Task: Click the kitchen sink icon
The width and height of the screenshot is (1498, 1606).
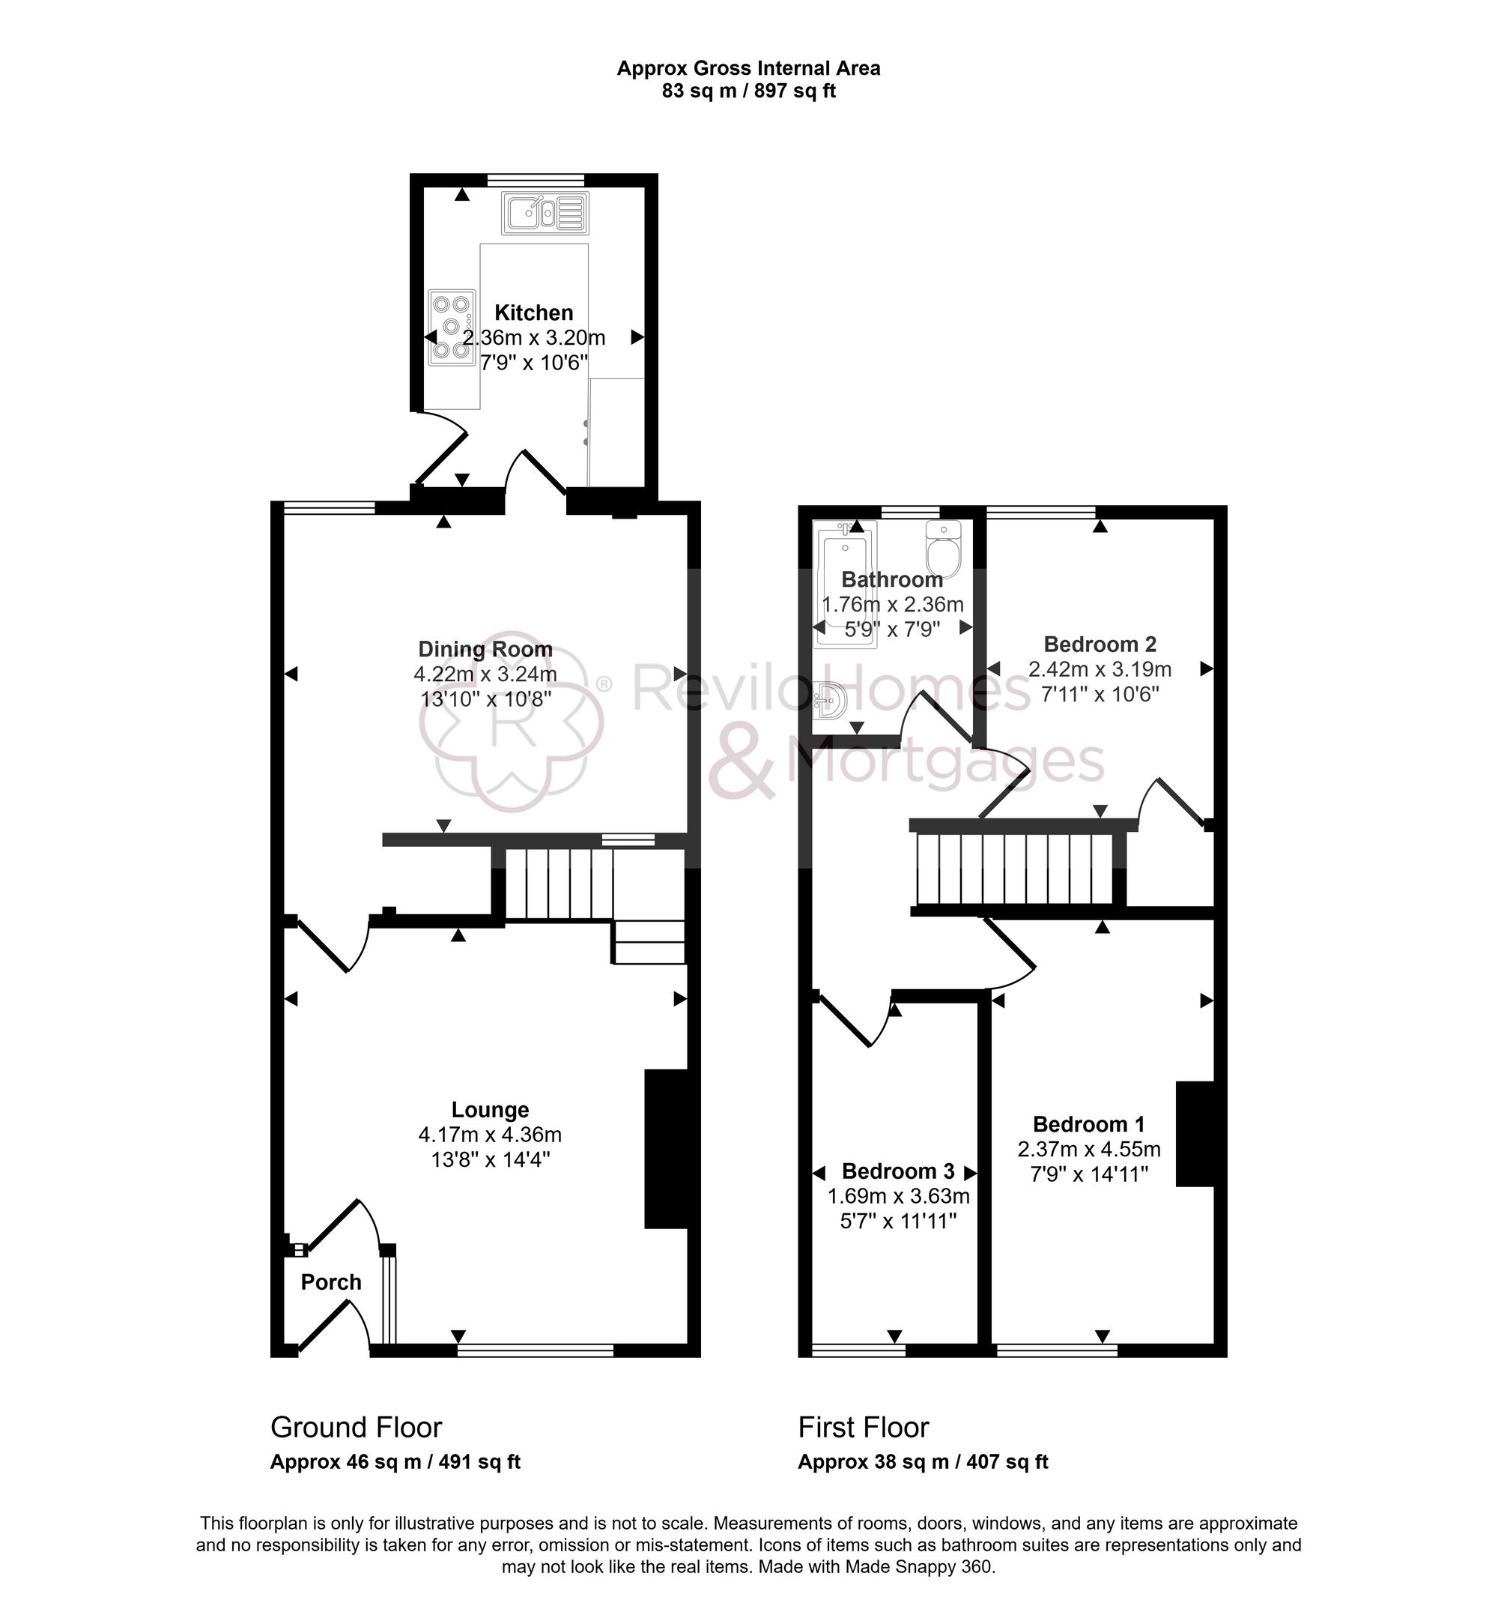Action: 545,214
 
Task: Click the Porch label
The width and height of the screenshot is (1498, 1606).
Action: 331,1282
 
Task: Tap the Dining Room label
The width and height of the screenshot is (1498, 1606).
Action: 485,649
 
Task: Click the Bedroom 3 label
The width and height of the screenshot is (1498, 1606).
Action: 898,1171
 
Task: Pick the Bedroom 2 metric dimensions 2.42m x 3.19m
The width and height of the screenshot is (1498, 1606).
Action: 1099,669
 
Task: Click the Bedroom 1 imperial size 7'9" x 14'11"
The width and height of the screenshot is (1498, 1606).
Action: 1088,1174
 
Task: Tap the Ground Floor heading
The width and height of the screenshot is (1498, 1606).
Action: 356,1428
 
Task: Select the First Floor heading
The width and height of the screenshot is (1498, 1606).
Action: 864,1428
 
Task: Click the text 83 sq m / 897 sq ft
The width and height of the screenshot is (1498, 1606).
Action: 748,91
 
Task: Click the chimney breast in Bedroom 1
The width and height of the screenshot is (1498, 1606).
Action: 1195,1134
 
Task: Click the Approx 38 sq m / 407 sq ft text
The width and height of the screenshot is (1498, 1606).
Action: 922,1461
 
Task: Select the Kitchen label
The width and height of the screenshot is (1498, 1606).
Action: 534,313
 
